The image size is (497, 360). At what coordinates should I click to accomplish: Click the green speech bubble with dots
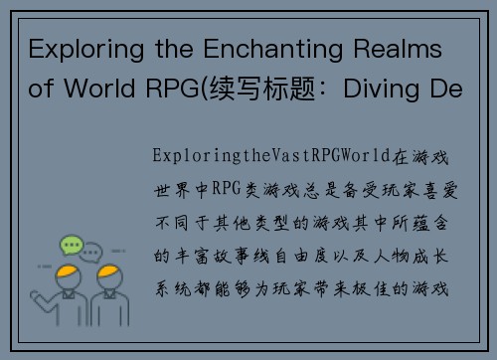[x=73, y=243]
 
